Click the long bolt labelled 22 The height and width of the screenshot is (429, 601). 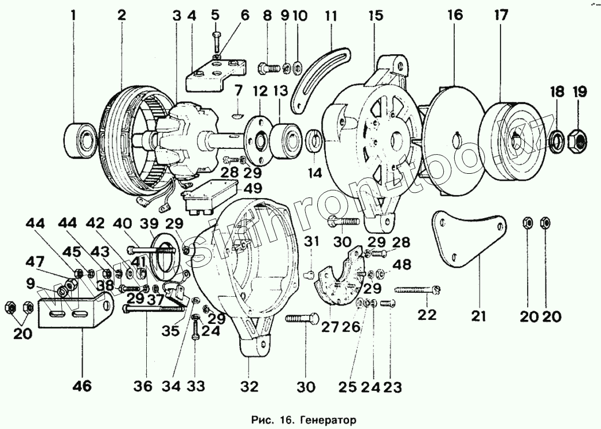coord(418,289)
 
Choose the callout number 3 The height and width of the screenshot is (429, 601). coord(177,16)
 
